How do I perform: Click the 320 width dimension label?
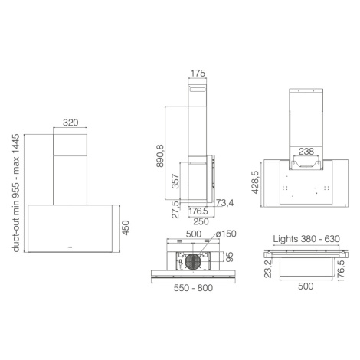70,123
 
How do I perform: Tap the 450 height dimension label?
126,227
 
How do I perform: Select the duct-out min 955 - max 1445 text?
16,193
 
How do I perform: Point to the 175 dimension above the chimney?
198,74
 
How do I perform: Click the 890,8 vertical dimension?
160,155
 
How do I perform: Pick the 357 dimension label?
175,182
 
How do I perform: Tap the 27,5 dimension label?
175,210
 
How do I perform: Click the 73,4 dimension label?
224,203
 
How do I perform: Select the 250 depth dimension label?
201,221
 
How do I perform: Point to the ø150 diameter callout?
226,234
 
